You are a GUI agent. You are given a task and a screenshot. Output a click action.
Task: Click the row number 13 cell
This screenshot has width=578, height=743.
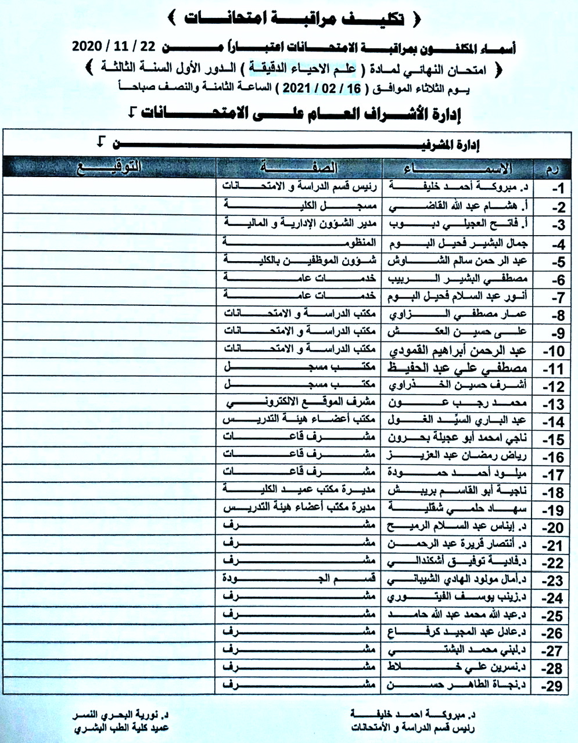click(555, 404)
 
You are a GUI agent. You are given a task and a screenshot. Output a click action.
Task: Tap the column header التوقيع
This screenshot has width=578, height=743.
click(110, 168)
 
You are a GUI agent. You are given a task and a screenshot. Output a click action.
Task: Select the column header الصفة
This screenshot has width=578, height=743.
click(300, 168)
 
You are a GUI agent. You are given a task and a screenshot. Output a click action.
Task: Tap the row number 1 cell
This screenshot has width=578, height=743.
click(557, 188)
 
